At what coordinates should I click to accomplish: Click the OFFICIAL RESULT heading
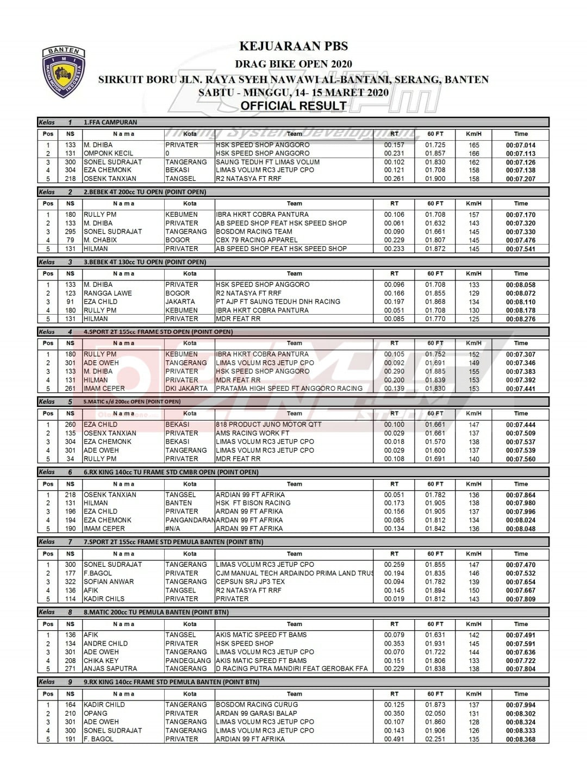(x=293, y=106)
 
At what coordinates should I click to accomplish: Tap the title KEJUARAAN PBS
(x=293, y=47)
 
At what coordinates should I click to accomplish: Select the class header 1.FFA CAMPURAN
(x=110, y=122)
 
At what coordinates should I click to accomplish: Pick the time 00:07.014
(x=520, y=145)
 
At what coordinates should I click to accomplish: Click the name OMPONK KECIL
(x=108, y=153)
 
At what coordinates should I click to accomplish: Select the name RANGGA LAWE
(x=108, y=293)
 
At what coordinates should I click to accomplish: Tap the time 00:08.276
(x=520, y=319)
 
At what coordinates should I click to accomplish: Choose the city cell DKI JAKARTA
(x=186, y=389)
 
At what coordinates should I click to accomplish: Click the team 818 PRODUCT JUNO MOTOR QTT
(x=268, y=424)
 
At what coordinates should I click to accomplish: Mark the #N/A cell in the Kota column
(x=173, y=528)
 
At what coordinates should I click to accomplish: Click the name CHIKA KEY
(x=101, y=660)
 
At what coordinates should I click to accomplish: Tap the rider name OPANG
(x=96, y=713)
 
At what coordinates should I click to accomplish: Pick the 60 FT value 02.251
(x=435, y=739)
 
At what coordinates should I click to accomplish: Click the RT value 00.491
(x=394, y=739)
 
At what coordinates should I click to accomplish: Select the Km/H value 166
(x=474, y=153)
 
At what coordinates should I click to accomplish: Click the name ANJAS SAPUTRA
(x=110, y=668)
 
